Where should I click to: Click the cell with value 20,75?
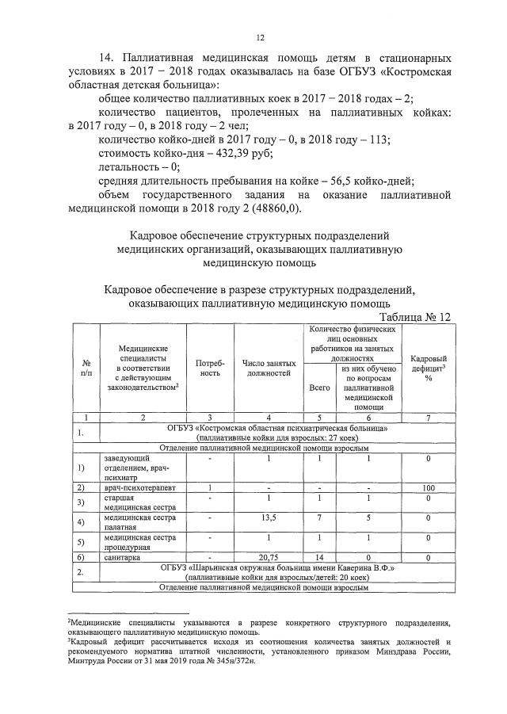(x=269, y=558)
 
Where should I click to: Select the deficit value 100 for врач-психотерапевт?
(x=428, y=487)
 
